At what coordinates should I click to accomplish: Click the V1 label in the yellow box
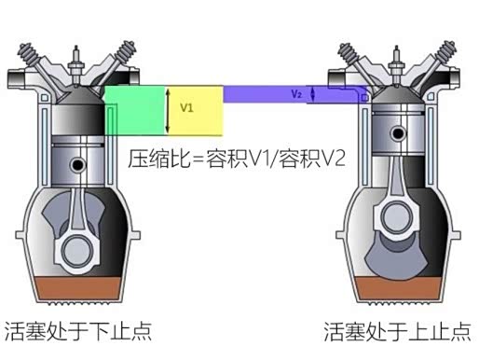pos(186,107)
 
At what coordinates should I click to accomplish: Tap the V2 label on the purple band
pos(296,94)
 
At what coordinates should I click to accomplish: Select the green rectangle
pos(135,111)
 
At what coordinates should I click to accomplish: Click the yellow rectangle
pos(195,111)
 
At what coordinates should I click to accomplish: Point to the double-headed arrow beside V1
pos(168,111)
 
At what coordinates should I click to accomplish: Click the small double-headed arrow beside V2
pos(312,94)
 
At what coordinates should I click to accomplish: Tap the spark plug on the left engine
pos(76,66)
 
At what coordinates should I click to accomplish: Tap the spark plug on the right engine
pos(396,66)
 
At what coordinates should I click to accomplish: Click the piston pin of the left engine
pos(76,164)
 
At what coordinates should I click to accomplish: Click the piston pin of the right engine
pos(397,133)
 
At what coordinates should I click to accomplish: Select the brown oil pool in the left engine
pos(76,289)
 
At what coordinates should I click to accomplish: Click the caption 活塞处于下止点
pos(77,331)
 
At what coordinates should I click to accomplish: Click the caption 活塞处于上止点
pos(397,331)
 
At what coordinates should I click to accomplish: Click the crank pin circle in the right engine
pos(396,216)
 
